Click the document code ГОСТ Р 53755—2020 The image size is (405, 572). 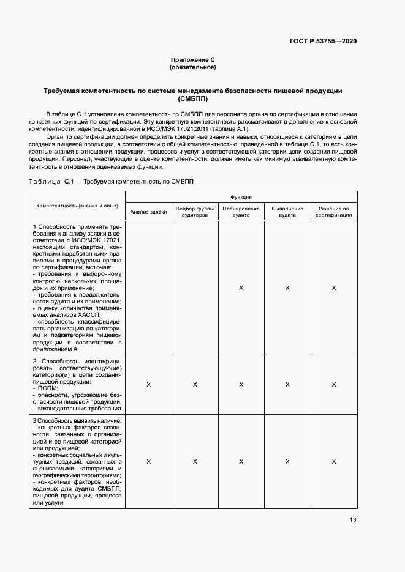tap(322, 41)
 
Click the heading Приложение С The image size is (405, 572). tap(192, 59)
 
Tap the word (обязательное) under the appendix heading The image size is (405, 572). tap(192, 67)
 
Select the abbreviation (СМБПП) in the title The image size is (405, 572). tap(192, 98)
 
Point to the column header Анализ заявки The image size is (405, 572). tap(148, 212)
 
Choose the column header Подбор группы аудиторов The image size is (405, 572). tap(194, 212)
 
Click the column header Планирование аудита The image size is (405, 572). tap(241, 212)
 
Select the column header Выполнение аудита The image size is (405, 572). tap(287, 212)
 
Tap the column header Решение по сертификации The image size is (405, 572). tap(333, 212)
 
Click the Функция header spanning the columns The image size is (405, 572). tap(241, 197)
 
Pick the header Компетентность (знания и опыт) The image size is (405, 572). tap(77, 206)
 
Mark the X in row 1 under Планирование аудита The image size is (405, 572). tap(241, 288)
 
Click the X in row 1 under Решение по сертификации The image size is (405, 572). tap(333, 288)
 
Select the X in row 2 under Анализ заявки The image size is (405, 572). tap(148, 384)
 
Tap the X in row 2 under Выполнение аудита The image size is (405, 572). tap(287, 384)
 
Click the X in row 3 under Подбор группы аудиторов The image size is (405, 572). tap(194, 462)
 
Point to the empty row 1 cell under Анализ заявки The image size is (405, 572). tap(148, 288)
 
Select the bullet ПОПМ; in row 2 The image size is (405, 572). tap(47, 388)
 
